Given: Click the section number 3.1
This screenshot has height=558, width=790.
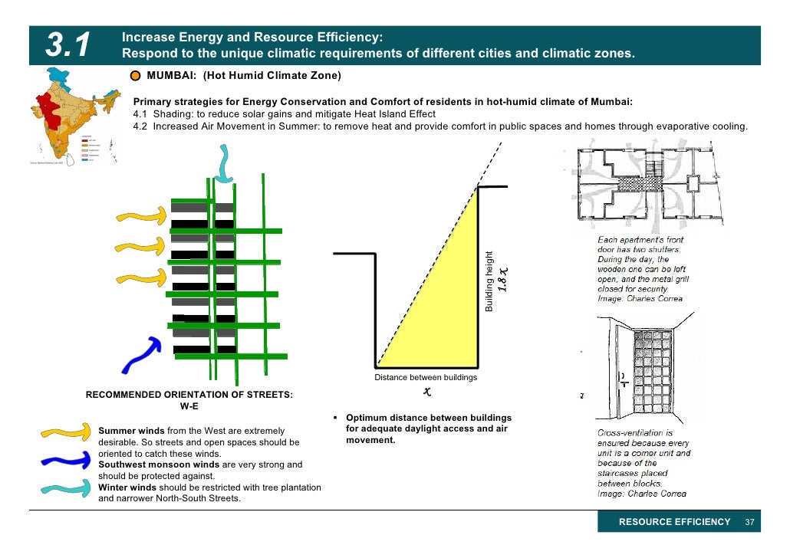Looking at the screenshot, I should click(70, 45).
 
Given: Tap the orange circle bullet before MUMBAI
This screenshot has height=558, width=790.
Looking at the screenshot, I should click(135, 77).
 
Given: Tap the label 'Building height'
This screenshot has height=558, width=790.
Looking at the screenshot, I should click(488, 282).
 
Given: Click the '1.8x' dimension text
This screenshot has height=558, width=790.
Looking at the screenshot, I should click(503, 280).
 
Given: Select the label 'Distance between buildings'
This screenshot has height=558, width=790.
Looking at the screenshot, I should click(425, 377).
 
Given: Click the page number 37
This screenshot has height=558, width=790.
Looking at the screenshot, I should click(750, 522).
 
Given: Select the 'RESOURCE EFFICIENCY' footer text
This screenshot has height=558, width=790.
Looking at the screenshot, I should click(674, 522).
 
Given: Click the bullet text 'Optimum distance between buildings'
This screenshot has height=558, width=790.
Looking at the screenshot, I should click(428, 418).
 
